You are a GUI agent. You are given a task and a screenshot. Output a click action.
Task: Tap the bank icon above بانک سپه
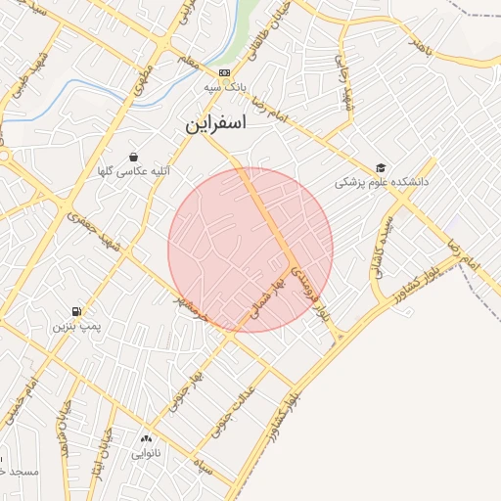tap(224, 72)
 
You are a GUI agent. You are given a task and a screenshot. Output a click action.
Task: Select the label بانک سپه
tap(224, 87)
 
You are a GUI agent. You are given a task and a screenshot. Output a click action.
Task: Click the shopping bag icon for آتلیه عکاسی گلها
tap(132, 157)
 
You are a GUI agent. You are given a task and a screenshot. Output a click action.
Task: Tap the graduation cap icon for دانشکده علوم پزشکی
tap(380, 167)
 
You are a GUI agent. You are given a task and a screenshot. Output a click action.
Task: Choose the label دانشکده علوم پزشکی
tap(384, 182)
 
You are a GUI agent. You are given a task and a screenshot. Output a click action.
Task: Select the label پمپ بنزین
tap(77, 324)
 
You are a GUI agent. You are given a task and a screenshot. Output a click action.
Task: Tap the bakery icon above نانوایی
tap(147, 439)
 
